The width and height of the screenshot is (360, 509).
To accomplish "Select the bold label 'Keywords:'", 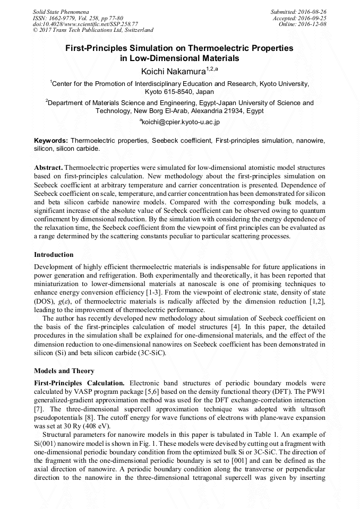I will tap(52, 141).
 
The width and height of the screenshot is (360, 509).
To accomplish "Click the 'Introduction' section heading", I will tap(54, 254).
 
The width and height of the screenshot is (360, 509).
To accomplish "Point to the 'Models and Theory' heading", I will tap(64, 371).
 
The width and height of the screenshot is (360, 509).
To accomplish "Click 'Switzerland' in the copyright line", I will tap(138, 30).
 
